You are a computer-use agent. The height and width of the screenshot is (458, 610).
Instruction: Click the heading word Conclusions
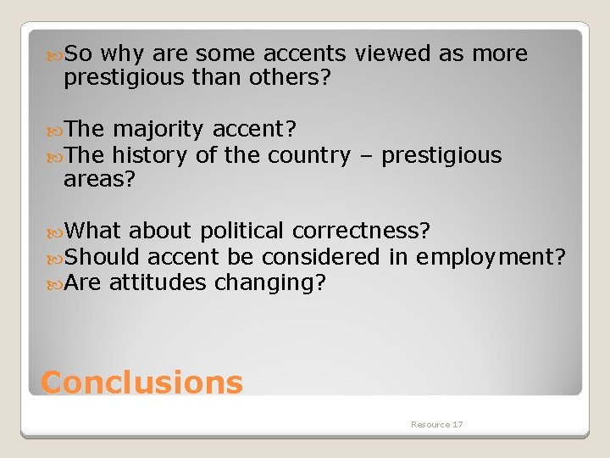click(141, 383)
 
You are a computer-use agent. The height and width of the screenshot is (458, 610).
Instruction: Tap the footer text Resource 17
click(436, 424)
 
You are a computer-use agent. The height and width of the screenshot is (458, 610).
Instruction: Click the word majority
click(158, 129)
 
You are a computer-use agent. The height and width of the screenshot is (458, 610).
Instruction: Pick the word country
click(308, 155)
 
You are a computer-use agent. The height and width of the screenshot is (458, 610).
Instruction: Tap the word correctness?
click(361, 231)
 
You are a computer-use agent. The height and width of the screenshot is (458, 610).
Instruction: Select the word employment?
click(491, 256)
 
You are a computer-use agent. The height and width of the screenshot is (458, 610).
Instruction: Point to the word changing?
click(269, 282)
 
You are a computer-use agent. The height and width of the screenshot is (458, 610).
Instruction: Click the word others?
click(289, 78)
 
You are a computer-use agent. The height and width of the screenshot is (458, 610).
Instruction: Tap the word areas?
click(99, 179)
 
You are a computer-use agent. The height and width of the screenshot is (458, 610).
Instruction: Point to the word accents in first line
click(304, 54)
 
